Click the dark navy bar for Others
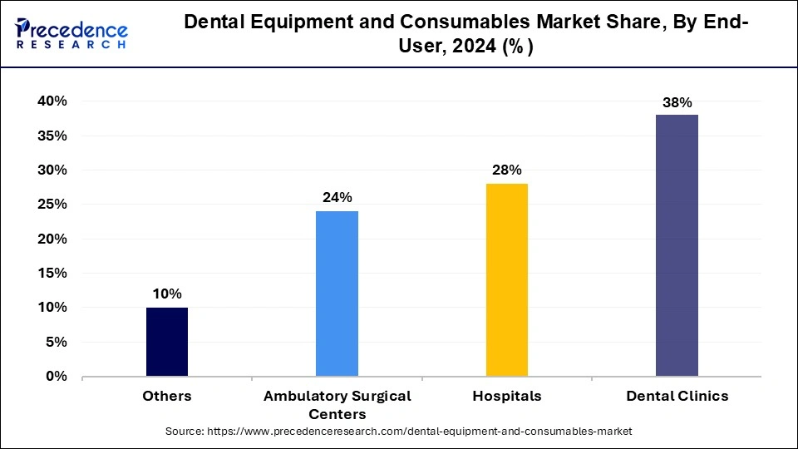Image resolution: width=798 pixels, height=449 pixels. [x=167, y=342]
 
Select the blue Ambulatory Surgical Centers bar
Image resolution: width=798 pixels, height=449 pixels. [x=337, y=294]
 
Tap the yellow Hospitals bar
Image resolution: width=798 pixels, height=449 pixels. [x=506, y=279]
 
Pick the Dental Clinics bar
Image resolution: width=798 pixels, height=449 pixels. [x=677, y=245]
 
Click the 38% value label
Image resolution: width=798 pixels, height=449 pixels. [x=677, y=103]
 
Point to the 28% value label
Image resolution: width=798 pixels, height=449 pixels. [x=506, y=170]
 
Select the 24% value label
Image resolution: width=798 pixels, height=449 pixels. [x=337, y=197]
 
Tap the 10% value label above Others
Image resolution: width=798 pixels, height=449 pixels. [x=167, y=294]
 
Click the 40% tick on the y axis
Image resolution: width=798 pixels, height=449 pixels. [x=52, y=101]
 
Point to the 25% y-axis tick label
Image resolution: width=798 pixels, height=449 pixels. [x=52, y=205]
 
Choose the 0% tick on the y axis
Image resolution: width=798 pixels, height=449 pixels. [x=56, y=377]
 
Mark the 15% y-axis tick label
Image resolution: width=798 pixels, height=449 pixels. [x=52, y=274]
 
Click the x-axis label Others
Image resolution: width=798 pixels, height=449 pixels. [x=167, y=397]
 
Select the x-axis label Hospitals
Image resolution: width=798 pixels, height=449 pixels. [x=506, y=397]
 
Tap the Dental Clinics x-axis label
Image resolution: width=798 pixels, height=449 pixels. [x=677, y=397]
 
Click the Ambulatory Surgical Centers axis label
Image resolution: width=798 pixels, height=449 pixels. [x=337, y=405]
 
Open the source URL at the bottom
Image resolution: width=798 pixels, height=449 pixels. [x=399, y=432]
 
